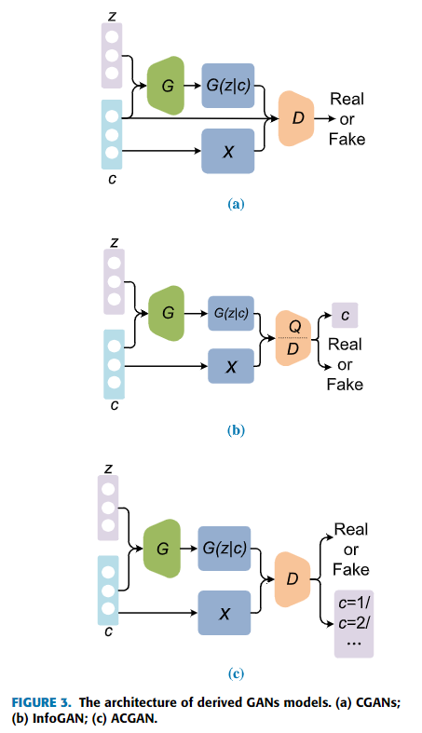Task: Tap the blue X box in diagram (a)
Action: coord(227,151)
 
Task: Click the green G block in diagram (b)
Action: coord(168,313)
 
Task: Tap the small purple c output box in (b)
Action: coord(345,316)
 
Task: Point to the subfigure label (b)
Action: coord(236,430)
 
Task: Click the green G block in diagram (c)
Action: coord(162,550)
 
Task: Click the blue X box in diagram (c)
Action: coord(224,613)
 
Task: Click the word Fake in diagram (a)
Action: coord(347,140)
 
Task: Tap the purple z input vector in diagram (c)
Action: coord(110,509)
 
